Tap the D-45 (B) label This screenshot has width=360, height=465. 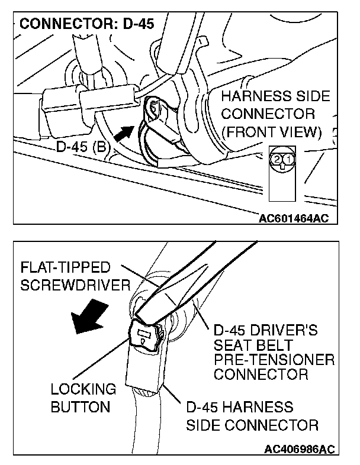(x=82, y=145)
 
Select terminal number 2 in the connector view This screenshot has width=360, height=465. (x=277, y=159)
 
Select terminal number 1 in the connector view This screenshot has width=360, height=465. (x=287, y=159)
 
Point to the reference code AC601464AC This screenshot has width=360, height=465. (x=293, y=218)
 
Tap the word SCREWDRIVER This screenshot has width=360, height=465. (x=75, y=285)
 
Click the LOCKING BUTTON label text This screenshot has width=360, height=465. (x=83, y=398)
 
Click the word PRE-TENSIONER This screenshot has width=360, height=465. (x=274, y=360)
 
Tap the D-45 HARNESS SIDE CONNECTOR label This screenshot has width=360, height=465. (x=252, y=416)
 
